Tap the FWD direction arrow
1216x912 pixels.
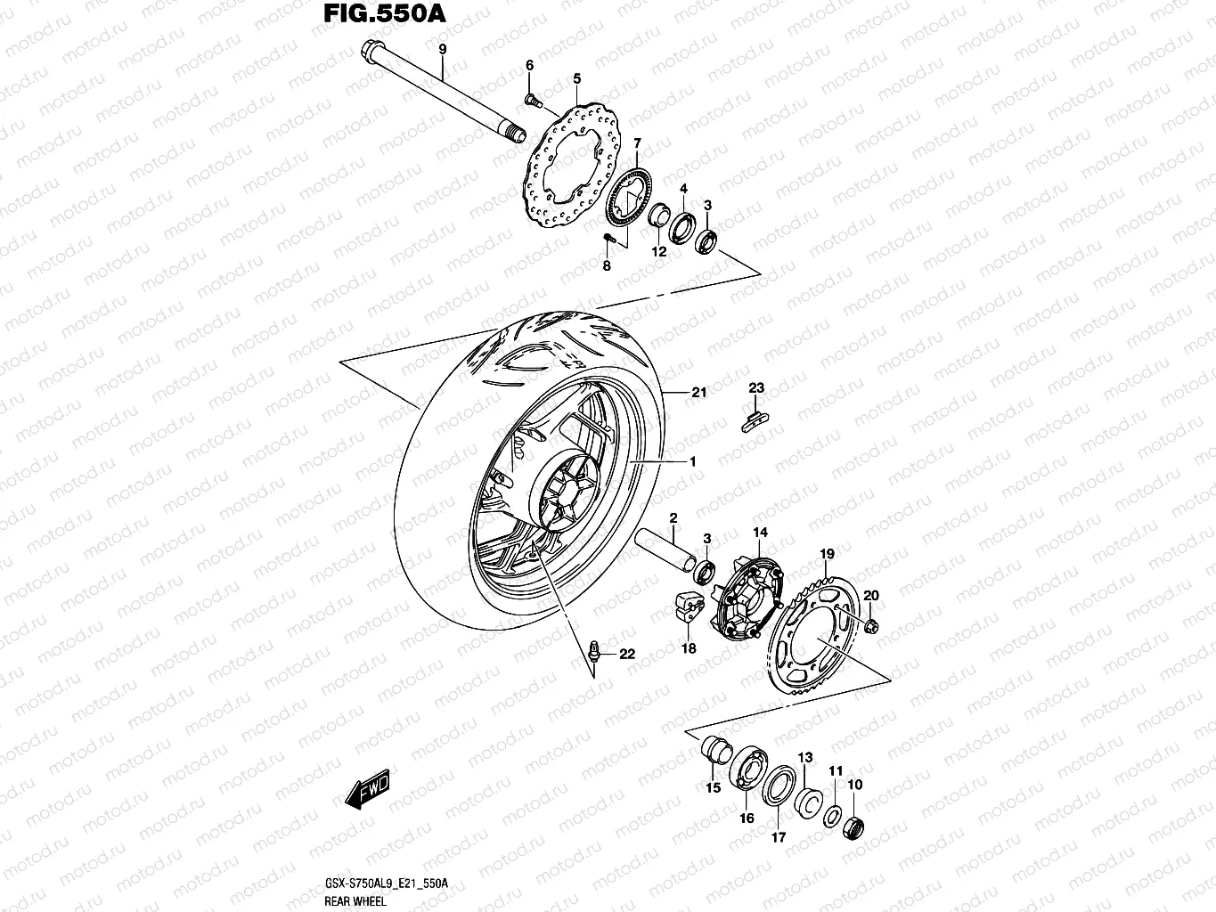(368, 788)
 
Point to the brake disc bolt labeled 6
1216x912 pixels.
(532, 99)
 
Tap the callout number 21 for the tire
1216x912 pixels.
(698, 392)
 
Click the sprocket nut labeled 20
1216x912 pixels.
(871, 625)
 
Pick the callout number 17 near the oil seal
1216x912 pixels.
(778, 836)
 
